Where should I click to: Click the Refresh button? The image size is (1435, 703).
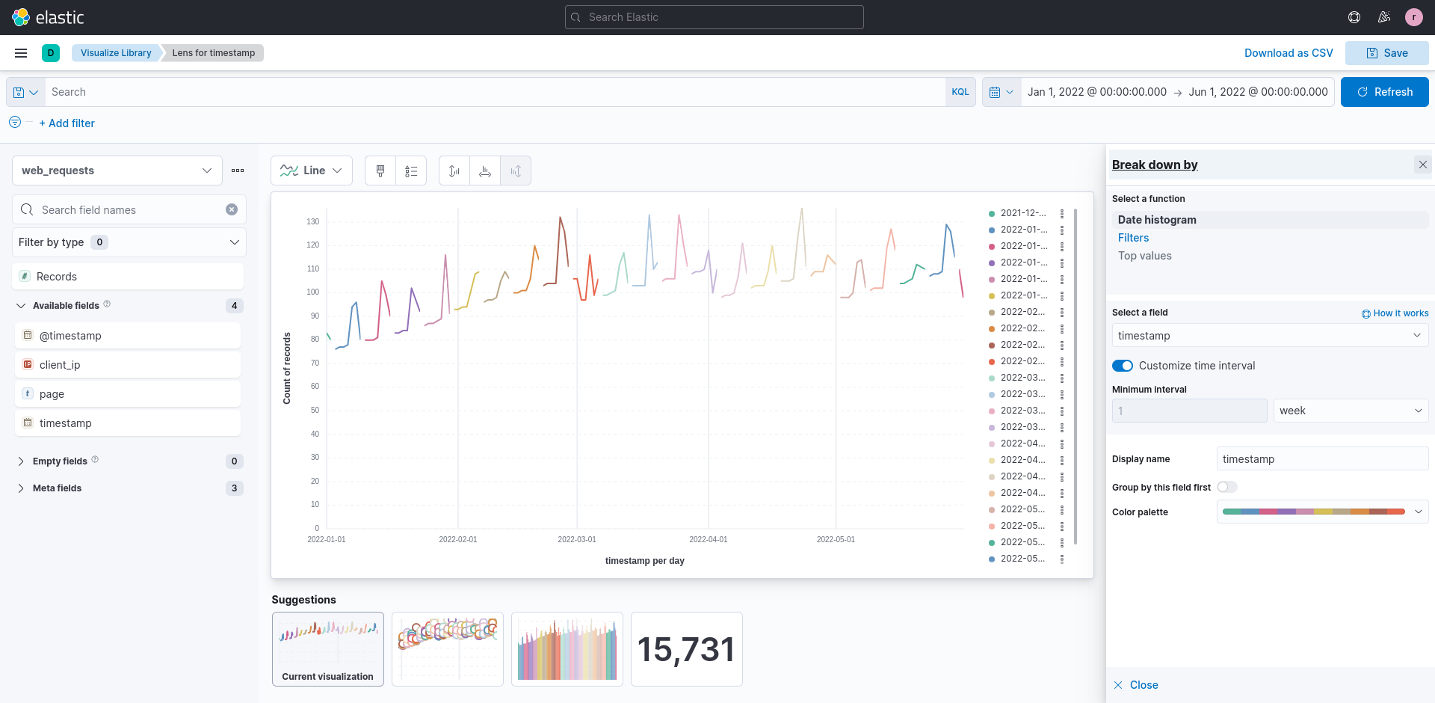click(1384, 92)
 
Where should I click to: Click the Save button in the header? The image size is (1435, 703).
click(1386, 53)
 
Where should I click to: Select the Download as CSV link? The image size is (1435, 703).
click(1289, 53)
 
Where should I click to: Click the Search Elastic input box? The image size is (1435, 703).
click(715, 17)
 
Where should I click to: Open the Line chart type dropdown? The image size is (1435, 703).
click(311, 171)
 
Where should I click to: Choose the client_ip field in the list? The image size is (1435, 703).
click(60, 365)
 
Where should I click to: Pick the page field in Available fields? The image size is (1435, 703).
click(52, 394)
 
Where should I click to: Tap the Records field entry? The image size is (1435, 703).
click(57, 277)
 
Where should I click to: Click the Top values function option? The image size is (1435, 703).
click(1144, 256)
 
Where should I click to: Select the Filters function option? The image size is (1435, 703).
click(1133, 238)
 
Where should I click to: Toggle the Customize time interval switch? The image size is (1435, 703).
click(1122, 366)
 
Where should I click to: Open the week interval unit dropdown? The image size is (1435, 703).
click(1350, 411)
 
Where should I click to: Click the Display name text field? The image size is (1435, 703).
click(1321, 459)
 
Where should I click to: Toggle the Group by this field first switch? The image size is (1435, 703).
click(1226, 487)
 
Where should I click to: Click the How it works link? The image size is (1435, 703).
click(1395, 313)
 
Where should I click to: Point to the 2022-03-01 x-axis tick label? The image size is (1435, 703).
click(577, 539)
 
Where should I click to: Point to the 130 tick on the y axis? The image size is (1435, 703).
click(312, 221)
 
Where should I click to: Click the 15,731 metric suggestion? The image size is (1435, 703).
click(686, 649)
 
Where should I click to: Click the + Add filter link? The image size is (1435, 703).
click(67, 123)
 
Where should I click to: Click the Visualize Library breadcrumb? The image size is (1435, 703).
click(116, 53)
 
